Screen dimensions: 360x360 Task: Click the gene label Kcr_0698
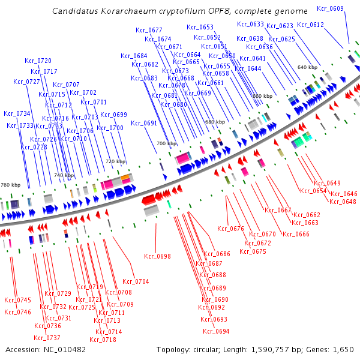[157, 256]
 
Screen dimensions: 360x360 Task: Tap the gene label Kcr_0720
[38, 61]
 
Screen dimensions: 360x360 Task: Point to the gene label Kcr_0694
[216, 331]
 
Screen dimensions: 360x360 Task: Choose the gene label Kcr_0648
[343, 202]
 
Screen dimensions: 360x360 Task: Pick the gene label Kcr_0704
[136, 281]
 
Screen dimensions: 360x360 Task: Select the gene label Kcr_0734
[17, 113]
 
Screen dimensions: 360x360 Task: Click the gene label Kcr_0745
[17, 300]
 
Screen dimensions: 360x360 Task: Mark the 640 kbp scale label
[307, 67]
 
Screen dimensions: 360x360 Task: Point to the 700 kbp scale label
[167, 144]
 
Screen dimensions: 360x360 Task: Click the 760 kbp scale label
[10, 185]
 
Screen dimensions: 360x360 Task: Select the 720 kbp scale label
[116, 162]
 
